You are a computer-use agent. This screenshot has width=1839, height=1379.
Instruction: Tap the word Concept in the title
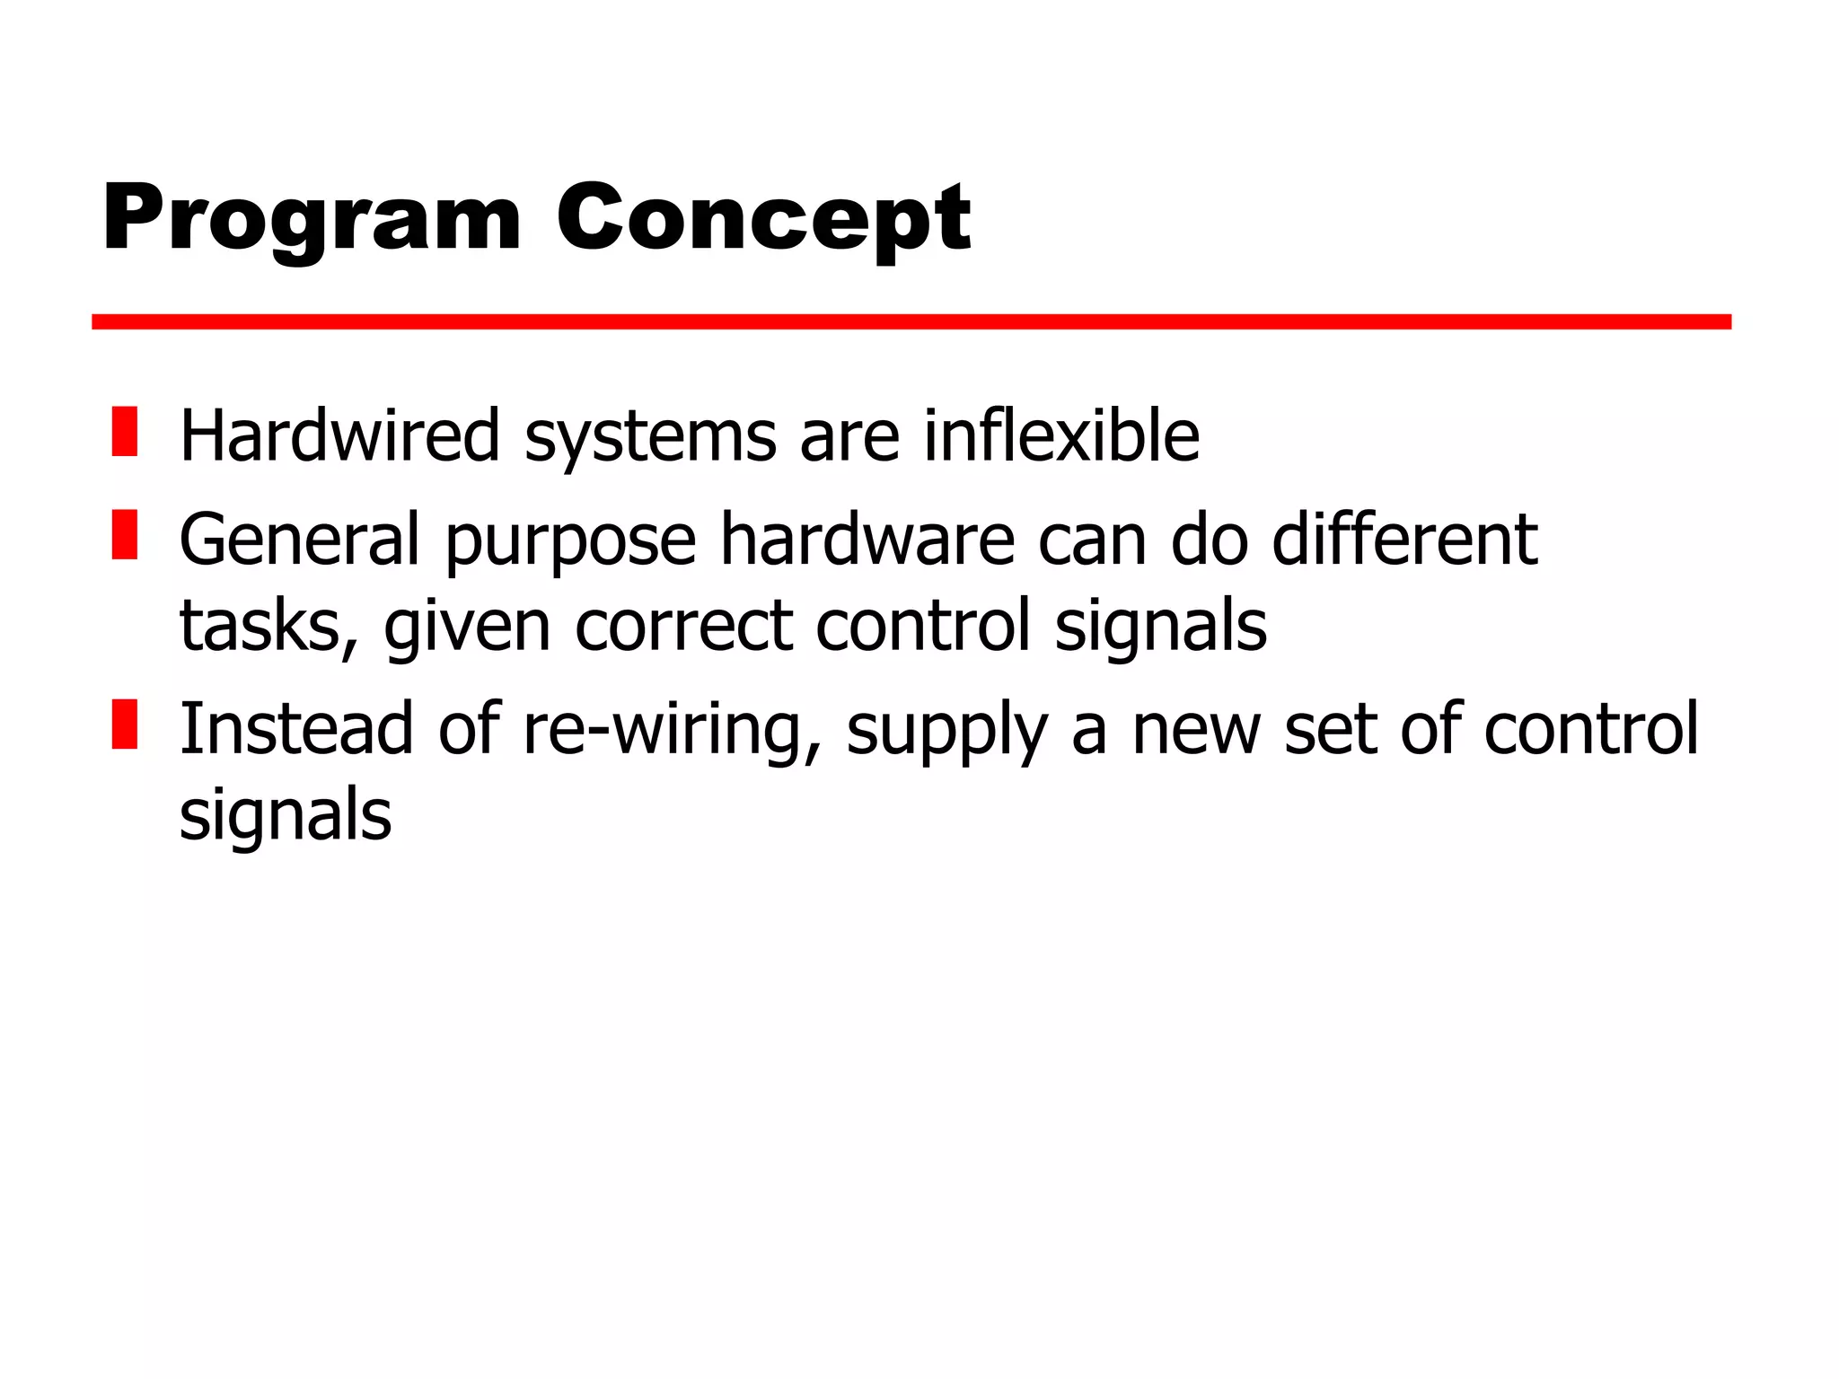(x=763, y=218)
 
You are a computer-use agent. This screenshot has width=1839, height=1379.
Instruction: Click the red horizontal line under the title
(x=911, y=321)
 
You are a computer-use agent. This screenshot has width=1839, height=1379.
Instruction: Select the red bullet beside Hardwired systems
(x=125, y=432)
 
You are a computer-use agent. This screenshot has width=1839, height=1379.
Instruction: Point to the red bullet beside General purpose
(x=125, y=535)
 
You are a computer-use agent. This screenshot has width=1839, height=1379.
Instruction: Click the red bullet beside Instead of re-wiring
(x=125, y=724)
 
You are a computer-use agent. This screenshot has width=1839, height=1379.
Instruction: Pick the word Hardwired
(x=339, y=435)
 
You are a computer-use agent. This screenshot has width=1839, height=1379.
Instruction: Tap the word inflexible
(x=1061, y=435)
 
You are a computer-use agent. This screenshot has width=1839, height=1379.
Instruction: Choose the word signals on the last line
(x=286, y=814)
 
